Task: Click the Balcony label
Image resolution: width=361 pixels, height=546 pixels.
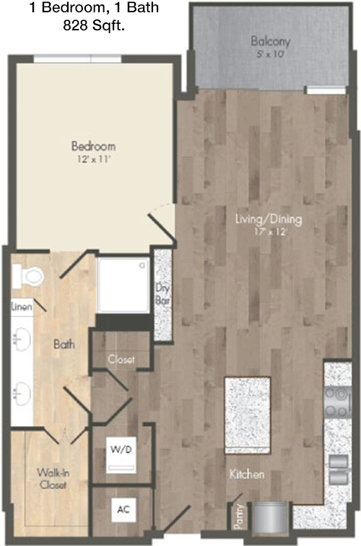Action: pos(271,41)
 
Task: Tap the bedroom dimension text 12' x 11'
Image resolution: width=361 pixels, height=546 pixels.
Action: pos(94,160)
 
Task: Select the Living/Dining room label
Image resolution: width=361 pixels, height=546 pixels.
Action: pos(269,220)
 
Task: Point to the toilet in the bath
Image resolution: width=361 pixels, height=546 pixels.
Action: pos(28,276)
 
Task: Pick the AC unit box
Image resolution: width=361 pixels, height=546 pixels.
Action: pos(123,510)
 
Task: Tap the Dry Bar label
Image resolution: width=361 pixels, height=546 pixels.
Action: pos(162,294)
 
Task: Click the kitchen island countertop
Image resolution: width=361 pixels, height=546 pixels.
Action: pos(248,415)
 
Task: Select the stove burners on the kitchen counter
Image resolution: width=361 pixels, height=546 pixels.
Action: pos(337,402)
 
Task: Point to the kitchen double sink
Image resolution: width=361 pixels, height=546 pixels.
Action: pos(339,469)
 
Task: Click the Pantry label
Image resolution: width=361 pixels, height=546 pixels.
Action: pos(238,517)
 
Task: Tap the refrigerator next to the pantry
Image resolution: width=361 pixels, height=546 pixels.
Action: pos(270,517)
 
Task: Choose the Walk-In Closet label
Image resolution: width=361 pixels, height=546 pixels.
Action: pos(53,478)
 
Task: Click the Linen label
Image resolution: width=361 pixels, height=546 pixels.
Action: pos(22,307)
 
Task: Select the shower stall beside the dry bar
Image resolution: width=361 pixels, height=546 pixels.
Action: pos(123,285)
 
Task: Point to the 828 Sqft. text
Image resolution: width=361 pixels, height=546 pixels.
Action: pos(94,25)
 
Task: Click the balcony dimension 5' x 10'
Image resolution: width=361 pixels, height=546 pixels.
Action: pos(269,54)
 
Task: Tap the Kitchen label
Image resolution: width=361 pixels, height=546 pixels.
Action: pos(247,474)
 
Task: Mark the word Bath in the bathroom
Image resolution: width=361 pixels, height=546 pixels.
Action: pos(64,344)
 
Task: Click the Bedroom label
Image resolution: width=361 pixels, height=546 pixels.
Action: pos(93,146)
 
